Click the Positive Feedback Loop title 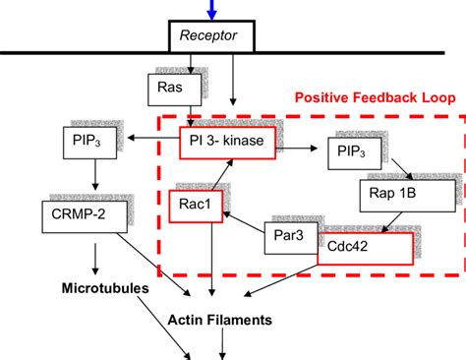pyautogui.click(x=376, y=99)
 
